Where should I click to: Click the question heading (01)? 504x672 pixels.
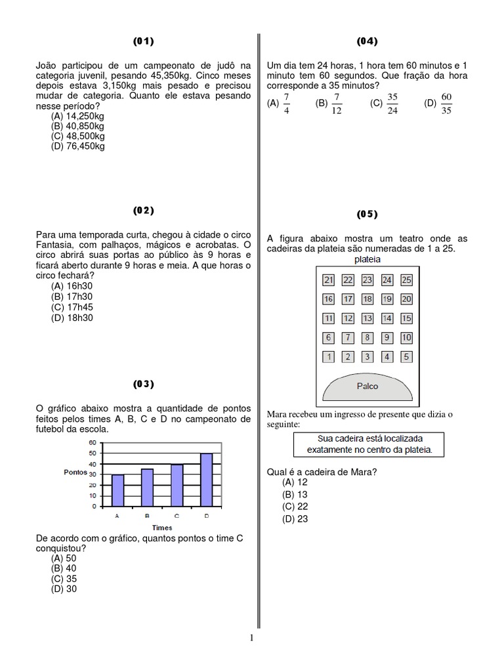pos(143,41)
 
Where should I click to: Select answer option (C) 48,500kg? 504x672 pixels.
pos(78,136)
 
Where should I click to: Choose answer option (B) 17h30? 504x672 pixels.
pos(72,297)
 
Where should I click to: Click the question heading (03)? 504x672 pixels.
pos(143,383)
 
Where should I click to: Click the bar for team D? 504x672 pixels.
pos(206,480)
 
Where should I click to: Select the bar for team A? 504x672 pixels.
pos(117,490)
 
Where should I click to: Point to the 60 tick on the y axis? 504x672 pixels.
pos(92,443)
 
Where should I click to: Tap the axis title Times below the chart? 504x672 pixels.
pos(162,528)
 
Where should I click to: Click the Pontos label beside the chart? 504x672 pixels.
pos(75,472)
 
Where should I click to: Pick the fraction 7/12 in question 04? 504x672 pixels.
pos(337,103)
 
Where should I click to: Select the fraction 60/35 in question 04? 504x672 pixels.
pos(447,103)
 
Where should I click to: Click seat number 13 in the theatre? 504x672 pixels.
pos(367,318)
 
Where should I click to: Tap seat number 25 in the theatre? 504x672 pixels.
pos(406,280)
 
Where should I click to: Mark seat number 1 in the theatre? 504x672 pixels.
pos(329,357)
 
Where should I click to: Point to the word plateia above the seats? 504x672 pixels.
pos(367,260)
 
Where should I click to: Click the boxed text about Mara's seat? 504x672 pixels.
pos(367,444)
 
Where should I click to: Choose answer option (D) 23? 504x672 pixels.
pos(295,519)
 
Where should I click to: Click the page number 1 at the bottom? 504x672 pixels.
pos(251,637)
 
